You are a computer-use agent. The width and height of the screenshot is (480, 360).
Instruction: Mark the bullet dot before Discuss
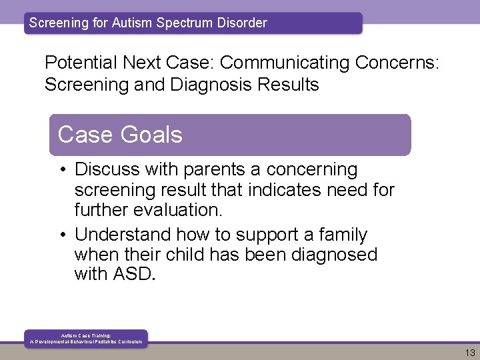click(60, 171)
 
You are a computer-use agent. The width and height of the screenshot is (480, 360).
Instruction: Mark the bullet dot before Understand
click(60, 235)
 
